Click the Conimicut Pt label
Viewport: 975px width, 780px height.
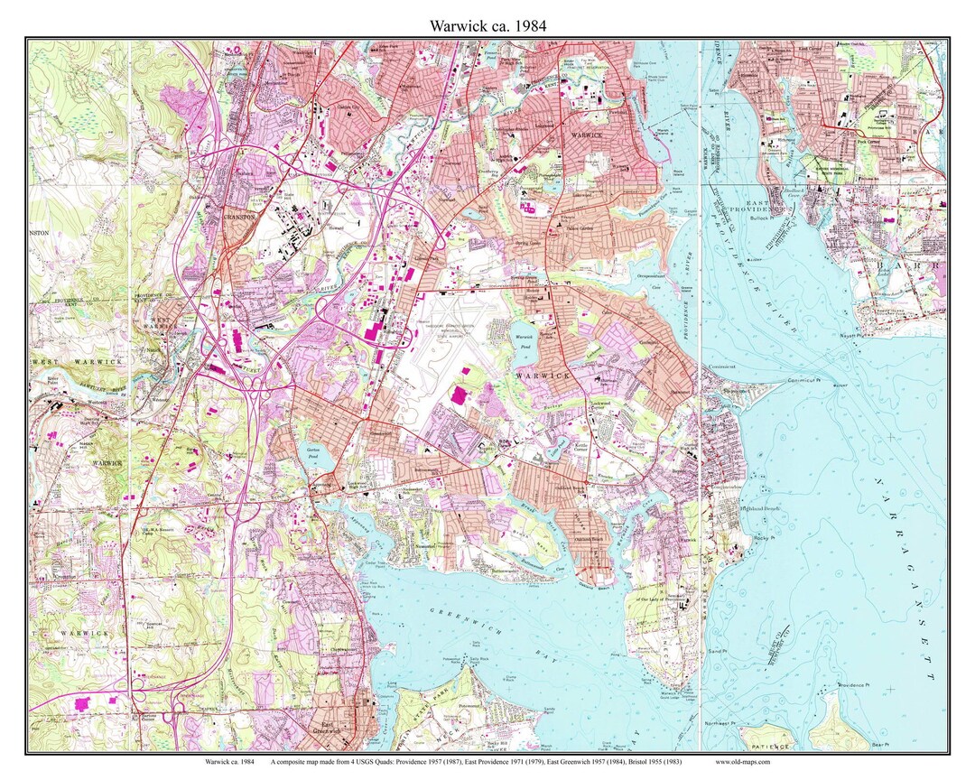(x=803, y=381)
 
